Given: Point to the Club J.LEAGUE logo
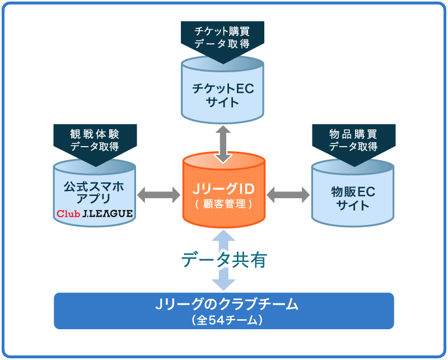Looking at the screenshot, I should tap(95, 213).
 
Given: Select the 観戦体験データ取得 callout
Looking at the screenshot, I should tap(95, 140).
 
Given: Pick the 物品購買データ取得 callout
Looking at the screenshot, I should tap(353, 140).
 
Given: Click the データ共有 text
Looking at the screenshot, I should tap(224, 259).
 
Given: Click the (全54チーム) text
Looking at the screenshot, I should tap(224, 321).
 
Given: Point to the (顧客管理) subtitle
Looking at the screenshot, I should tap(224, 204).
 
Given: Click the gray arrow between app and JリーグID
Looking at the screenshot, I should tap(158, 195).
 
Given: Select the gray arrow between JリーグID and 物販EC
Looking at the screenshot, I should tap(288, 195).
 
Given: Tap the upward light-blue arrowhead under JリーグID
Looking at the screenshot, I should tap(223, 238).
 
